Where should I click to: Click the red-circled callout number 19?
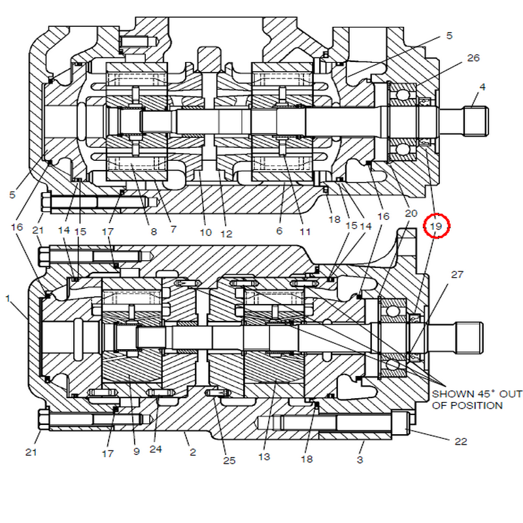point(436,226)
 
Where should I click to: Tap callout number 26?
point(473,58)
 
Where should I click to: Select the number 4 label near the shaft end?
point(482,87)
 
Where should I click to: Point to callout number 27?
point(457,275)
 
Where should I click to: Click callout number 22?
point(461,442)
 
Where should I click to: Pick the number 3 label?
point(360,460)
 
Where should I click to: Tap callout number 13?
point(264,456)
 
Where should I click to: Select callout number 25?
point(229,460)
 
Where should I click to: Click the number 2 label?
point(193,452)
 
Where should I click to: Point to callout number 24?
point(156,449)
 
